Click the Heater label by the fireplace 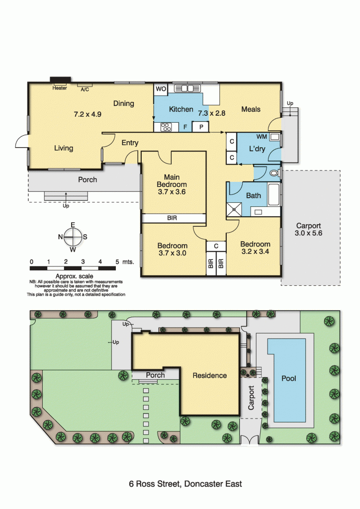click(x=60, y=88)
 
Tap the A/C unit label click(x=85, y=89)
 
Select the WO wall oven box click(x=161, y=89)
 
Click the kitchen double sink click(x=187, y=88)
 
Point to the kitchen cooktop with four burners click(x=166, y=127)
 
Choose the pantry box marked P click(x=201, y=127)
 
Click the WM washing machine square click(x=274, y=137)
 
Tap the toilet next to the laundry click(x=275, y=173)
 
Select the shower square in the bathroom click(x=234, y=209)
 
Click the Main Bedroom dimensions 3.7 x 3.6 click(x=172, y=192)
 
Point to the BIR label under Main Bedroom click(x=172, y=218)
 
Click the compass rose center click(x=73, y=237)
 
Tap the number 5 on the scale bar click(x=117, y=261)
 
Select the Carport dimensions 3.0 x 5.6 click(x=308, y=233)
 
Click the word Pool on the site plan click(x=289, y=378)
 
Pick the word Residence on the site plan click(x=210, y=376)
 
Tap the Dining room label click(x=124, y=103)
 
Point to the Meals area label click(x=251, y=109)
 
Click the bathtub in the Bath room click(x=273, y=194)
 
